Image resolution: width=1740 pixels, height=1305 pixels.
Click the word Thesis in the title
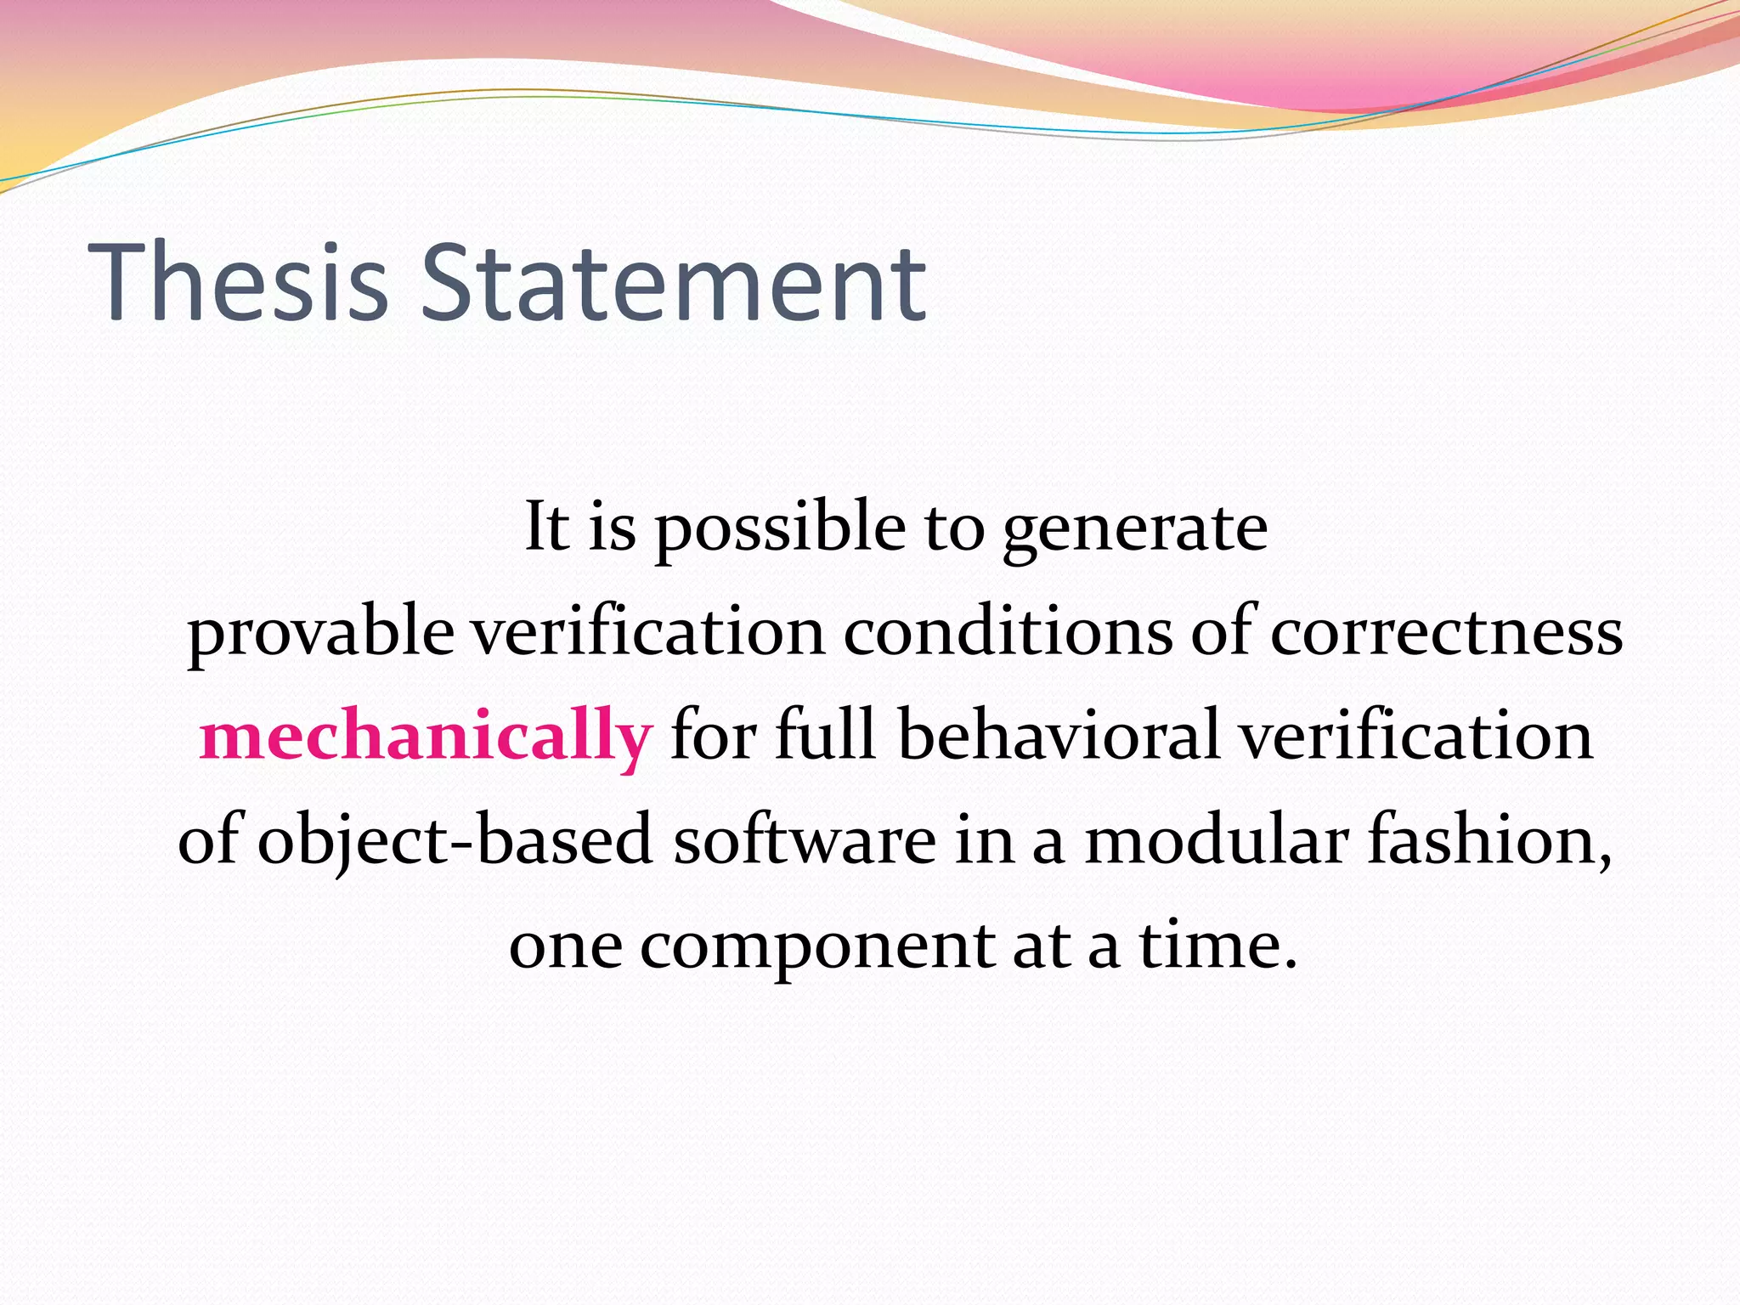[x=238, y=283]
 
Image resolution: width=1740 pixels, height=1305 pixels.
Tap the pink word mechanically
[x=426, y=736]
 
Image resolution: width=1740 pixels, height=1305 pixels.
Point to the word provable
[x=320, y=633]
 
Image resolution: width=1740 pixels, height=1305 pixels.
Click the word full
[x=824, y=736]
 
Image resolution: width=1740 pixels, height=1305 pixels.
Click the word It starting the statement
[x=545, y=527]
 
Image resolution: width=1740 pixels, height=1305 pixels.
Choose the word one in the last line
[x=565, y=946]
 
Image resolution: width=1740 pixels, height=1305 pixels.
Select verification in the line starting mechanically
[x=1415, y=736]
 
